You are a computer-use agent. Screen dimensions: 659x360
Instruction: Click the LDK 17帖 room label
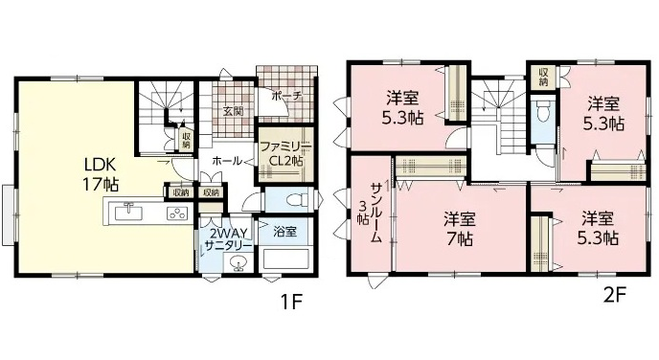(101, 175)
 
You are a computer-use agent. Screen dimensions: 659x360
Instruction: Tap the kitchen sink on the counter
(129, 212)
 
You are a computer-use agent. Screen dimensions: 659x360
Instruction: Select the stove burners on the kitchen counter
(177, 214)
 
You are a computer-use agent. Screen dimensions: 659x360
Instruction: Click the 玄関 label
(233, 111)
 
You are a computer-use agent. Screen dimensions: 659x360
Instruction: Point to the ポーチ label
(287, 96)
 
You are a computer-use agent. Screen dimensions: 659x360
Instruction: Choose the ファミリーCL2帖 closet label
(285, 153)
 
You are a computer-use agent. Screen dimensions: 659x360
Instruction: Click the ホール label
(227, 161)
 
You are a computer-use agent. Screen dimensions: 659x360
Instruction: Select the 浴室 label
(285, 231)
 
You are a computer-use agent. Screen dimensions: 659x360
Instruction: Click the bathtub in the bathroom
(285, 259)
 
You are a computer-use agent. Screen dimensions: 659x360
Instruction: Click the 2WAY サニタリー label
(227, 238)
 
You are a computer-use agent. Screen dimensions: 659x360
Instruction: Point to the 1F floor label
(291, 302)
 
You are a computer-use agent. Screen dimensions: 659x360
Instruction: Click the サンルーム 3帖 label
(371, 213)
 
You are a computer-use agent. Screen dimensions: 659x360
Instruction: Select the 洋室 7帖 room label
(460, 229)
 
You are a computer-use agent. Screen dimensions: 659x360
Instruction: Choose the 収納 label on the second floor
(543, 76)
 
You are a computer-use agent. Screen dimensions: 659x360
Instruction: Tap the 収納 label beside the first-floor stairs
(186, 141)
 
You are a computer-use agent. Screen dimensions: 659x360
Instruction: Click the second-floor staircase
(499, 116)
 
